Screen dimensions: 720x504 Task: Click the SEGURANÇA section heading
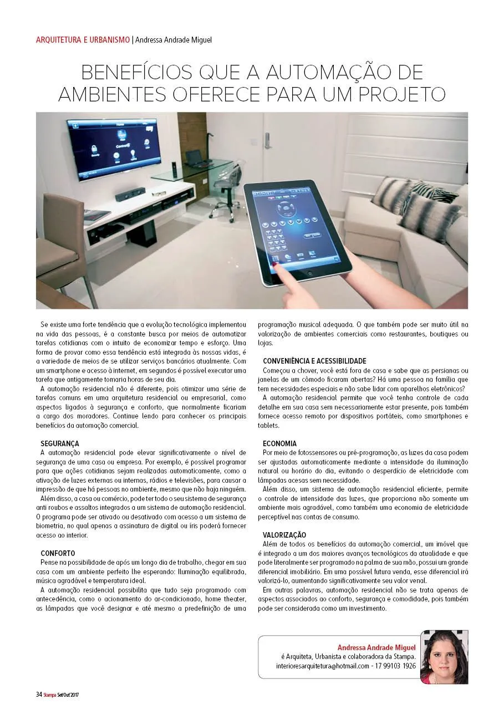tap(60, 444)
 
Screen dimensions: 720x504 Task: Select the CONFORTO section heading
tap(58, 553)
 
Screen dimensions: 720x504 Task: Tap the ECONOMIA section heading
tap(279, 444)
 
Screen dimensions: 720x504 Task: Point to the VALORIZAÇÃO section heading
tap(284, 535)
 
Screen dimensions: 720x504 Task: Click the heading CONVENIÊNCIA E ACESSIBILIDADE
tap(314, 361)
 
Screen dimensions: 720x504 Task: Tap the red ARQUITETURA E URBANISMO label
tap(83, 40)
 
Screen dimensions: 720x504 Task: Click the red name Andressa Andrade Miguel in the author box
tap(376, 647)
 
